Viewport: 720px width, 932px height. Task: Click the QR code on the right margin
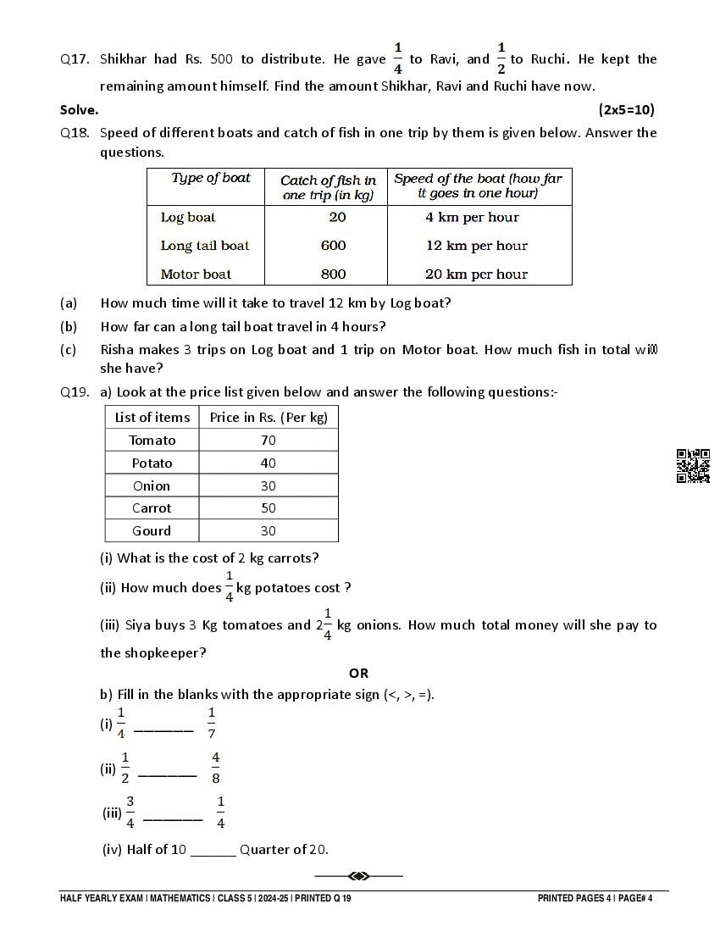pos(692,465)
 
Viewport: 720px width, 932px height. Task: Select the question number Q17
pos(75,59)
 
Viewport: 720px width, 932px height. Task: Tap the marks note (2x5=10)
pos(626,109)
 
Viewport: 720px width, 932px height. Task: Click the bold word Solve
pos(79,109)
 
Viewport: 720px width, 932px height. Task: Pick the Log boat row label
pos(188,218)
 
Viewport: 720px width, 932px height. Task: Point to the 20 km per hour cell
pos(476,275)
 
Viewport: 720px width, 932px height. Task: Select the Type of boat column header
pos(211,178)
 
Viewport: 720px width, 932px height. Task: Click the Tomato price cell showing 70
pos(269,441)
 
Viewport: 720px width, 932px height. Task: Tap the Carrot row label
pos(152,508)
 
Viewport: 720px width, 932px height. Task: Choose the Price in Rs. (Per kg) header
pos(269,417)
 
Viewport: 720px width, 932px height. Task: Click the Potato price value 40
pos(269,463)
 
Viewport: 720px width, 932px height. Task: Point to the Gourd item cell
pos(152,531)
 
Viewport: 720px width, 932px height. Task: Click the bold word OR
pos(358,673)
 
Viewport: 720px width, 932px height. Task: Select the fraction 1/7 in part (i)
pos(212,723)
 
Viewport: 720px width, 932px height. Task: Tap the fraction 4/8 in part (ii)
pos(216,768)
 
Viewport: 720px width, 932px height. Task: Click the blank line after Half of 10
pos(213,852)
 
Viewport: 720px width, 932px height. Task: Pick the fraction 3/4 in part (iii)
pos(130,812)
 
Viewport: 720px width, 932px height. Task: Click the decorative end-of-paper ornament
pos(358,875)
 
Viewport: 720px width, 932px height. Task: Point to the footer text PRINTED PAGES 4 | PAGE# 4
pos(595,898)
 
